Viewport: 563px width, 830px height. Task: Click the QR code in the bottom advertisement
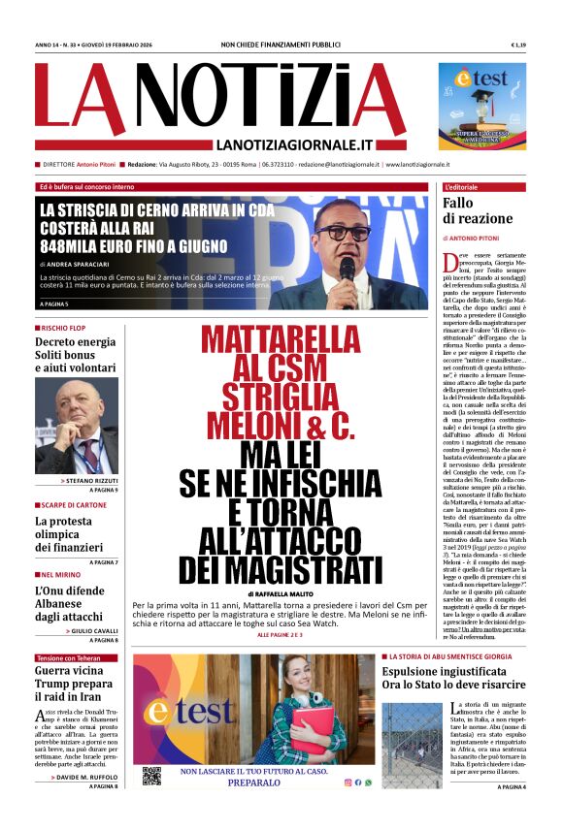coord(151,776)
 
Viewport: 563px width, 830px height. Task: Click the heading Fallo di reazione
coord(472,210)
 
